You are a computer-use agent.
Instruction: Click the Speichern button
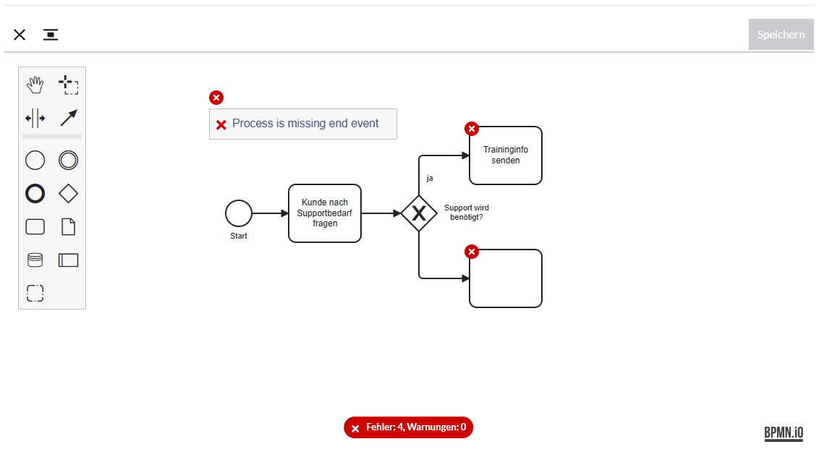tap(781, 35)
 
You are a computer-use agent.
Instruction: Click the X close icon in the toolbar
tap(20, 35)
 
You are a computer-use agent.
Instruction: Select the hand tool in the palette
tap(35, 85)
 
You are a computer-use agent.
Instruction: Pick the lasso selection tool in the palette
tap(69, 85)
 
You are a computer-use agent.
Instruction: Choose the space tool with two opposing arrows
tap(35, 119)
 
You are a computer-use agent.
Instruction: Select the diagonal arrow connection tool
tap(69, 118)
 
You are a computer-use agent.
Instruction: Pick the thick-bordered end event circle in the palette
tap(35, 194)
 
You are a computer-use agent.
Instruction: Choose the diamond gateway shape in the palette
tap(69, 194)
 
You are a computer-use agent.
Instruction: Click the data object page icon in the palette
tap(69, 227)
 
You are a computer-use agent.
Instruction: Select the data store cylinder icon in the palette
tap(35, 260)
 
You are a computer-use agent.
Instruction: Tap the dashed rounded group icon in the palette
tap(35, 294)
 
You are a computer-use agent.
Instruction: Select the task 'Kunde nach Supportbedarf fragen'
tap(325, 213)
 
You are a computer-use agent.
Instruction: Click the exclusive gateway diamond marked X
tap(419, 213)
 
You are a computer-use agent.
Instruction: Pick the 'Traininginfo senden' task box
tap(506, 155)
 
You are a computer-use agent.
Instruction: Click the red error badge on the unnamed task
tap(472, 252)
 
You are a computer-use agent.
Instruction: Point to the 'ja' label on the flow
tap(430, 179)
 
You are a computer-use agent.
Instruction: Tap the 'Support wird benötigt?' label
tap(467, 213)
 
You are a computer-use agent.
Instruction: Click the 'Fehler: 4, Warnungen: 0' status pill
tap(409, 427)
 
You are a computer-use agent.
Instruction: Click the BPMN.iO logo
tap(784, 432)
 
